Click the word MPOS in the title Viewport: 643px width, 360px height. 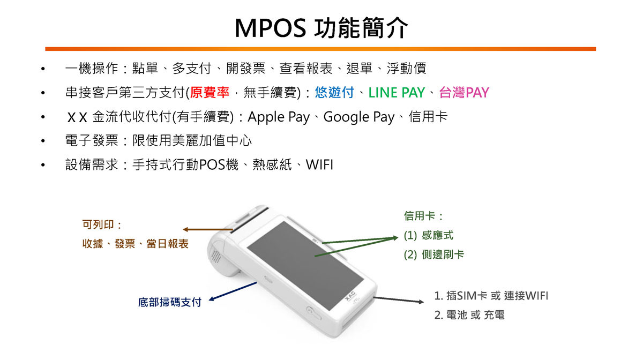coord(271,28)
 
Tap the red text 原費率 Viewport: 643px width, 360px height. coord(210,93)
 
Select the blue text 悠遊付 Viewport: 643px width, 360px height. coord(334,93)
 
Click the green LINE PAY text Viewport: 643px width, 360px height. coord(397,93)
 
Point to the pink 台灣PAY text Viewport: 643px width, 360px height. coord(464,93)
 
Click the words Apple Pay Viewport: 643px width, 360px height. coord(279,117)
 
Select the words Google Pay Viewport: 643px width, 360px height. coord(359,117)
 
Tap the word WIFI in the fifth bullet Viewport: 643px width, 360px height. coord(319,165)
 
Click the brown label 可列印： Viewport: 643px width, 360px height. coord(102,224)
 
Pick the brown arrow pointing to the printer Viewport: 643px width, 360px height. coord(208,229)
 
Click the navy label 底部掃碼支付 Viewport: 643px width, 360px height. coord(170,302)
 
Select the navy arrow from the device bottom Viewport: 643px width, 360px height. coord(233,291)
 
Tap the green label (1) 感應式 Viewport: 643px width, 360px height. coord(428,235)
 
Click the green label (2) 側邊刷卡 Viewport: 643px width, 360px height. coord(433,254)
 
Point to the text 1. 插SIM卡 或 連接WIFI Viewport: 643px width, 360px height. coord(491,296)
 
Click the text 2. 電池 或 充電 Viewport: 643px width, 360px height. coord(469,315)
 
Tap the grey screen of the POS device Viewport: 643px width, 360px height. coord(305,265)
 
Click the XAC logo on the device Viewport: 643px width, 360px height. coord(350,296)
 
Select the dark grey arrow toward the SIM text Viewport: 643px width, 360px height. coord(399,299)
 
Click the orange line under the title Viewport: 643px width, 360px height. coord(320,49)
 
